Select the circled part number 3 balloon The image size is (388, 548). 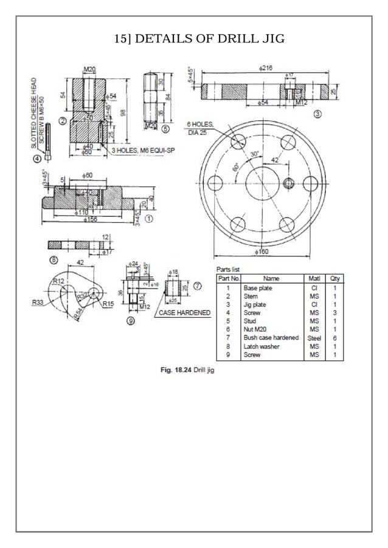coord(318,113)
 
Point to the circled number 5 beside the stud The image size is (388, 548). coord(165,129)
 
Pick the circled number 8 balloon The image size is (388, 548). coord(53,261)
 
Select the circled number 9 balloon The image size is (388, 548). coord(130,322)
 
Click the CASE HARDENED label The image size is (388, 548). coord(184,313)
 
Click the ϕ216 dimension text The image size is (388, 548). coord(265,69)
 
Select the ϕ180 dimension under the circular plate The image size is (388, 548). coord(261,252)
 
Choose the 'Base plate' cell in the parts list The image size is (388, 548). coord(257,288)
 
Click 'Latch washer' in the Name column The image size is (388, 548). coord(262,346)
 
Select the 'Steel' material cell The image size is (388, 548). coord(314,338)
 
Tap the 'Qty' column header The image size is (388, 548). coord(334,279)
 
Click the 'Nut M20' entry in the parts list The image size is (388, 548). coord(256,329)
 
